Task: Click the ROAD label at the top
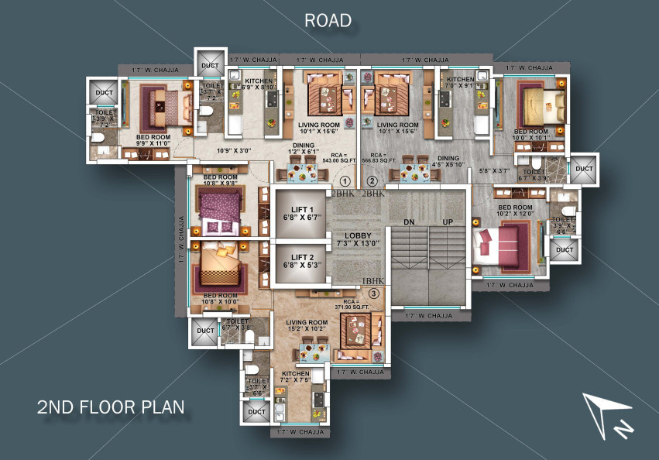point(328,20)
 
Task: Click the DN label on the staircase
point(409,221)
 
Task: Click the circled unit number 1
point(345,180)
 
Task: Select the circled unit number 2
point(372,180)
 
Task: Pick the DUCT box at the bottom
point(255,413)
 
